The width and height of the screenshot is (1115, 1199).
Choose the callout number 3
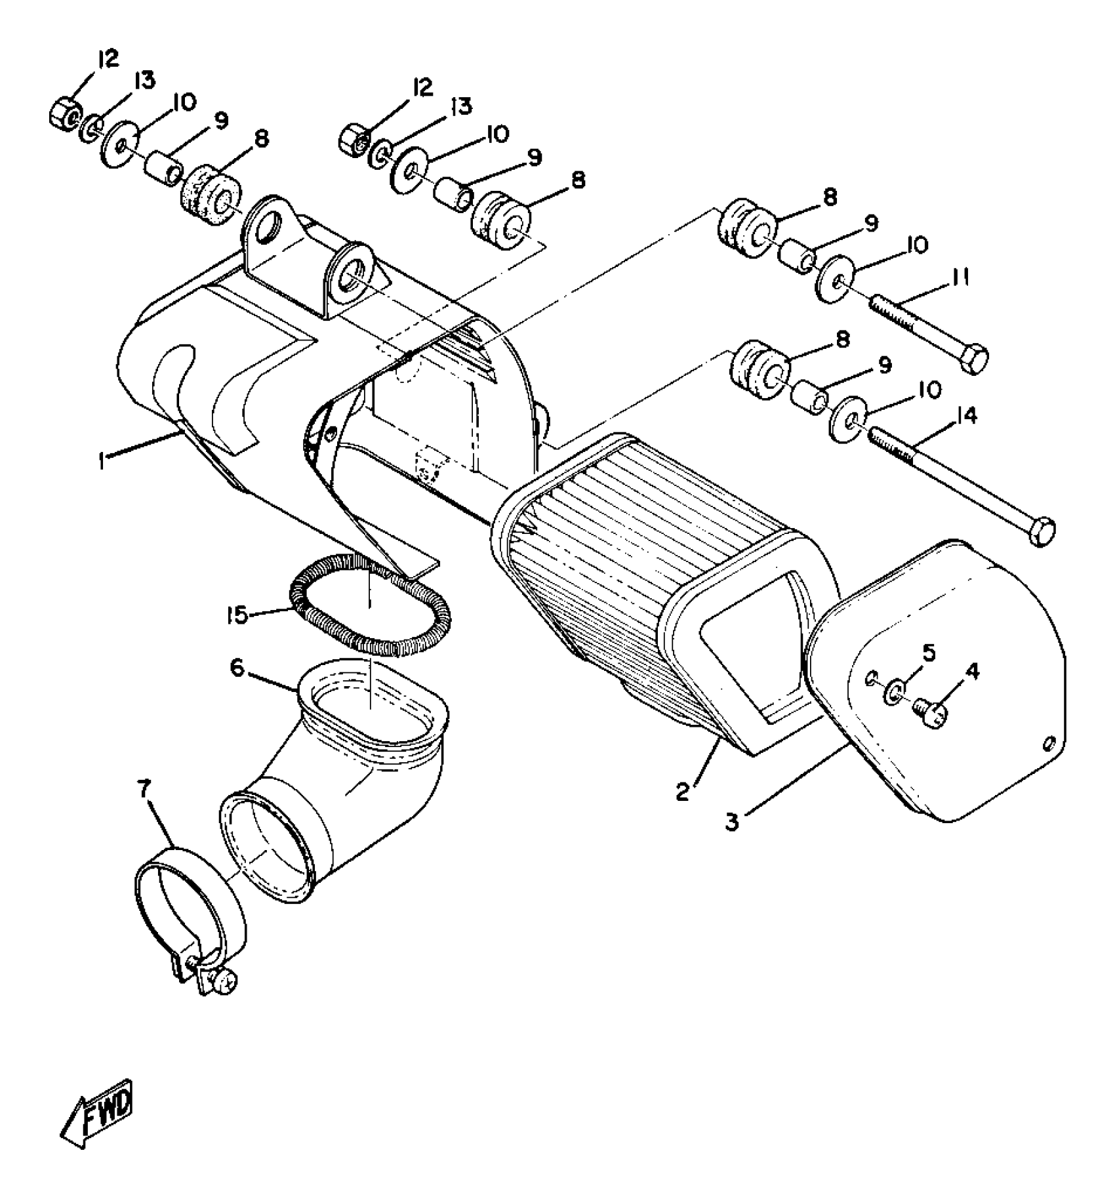[732, 822]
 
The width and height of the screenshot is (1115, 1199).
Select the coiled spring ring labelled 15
[371, 603]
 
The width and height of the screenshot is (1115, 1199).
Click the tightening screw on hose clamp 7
[227, 1000]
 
